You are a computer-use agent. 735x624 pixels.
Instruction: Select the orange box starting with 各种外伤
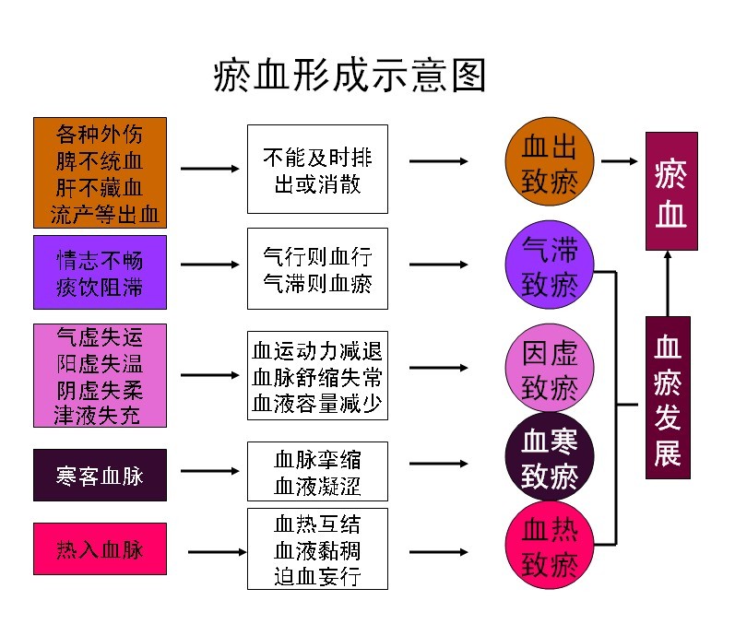[100, 172]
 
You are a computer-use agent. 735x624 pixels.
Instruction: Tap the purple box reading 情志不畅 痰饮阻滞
[100, 272]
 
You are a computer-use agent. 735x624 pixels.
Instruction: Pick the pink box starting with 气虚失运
[100, 375]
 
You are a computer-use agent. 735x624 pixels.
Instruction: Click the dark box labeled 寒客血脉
[100, 475]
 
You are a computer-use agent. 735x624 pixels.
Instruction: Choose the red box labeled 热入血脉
[100, 550]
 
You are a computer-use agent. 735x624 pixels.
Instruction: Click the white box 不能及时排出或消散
[317, 169]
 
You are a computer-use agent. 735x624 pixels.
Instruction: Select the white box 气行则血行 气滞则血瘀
[317, 268]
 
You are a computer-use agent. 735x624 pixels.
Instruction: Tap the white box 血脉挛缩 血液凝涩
[317, 471]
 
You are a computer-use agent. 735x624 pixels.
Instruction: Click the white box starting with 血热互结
[317, 549]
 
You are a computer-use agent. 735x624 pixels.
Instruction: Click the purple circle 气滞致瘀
[550, 265]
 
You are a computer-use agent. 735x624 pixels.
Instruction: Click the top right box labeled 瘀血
[670, 191]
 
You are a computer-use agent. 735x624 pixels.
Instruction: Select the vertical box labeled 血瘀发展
[668, 396]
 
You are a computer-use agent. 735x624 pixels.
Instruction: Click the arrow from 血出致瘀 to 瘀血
[620, 161]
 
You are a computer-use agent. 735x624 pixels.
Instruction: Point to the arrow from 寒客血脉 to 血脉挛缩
[210, 472]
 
